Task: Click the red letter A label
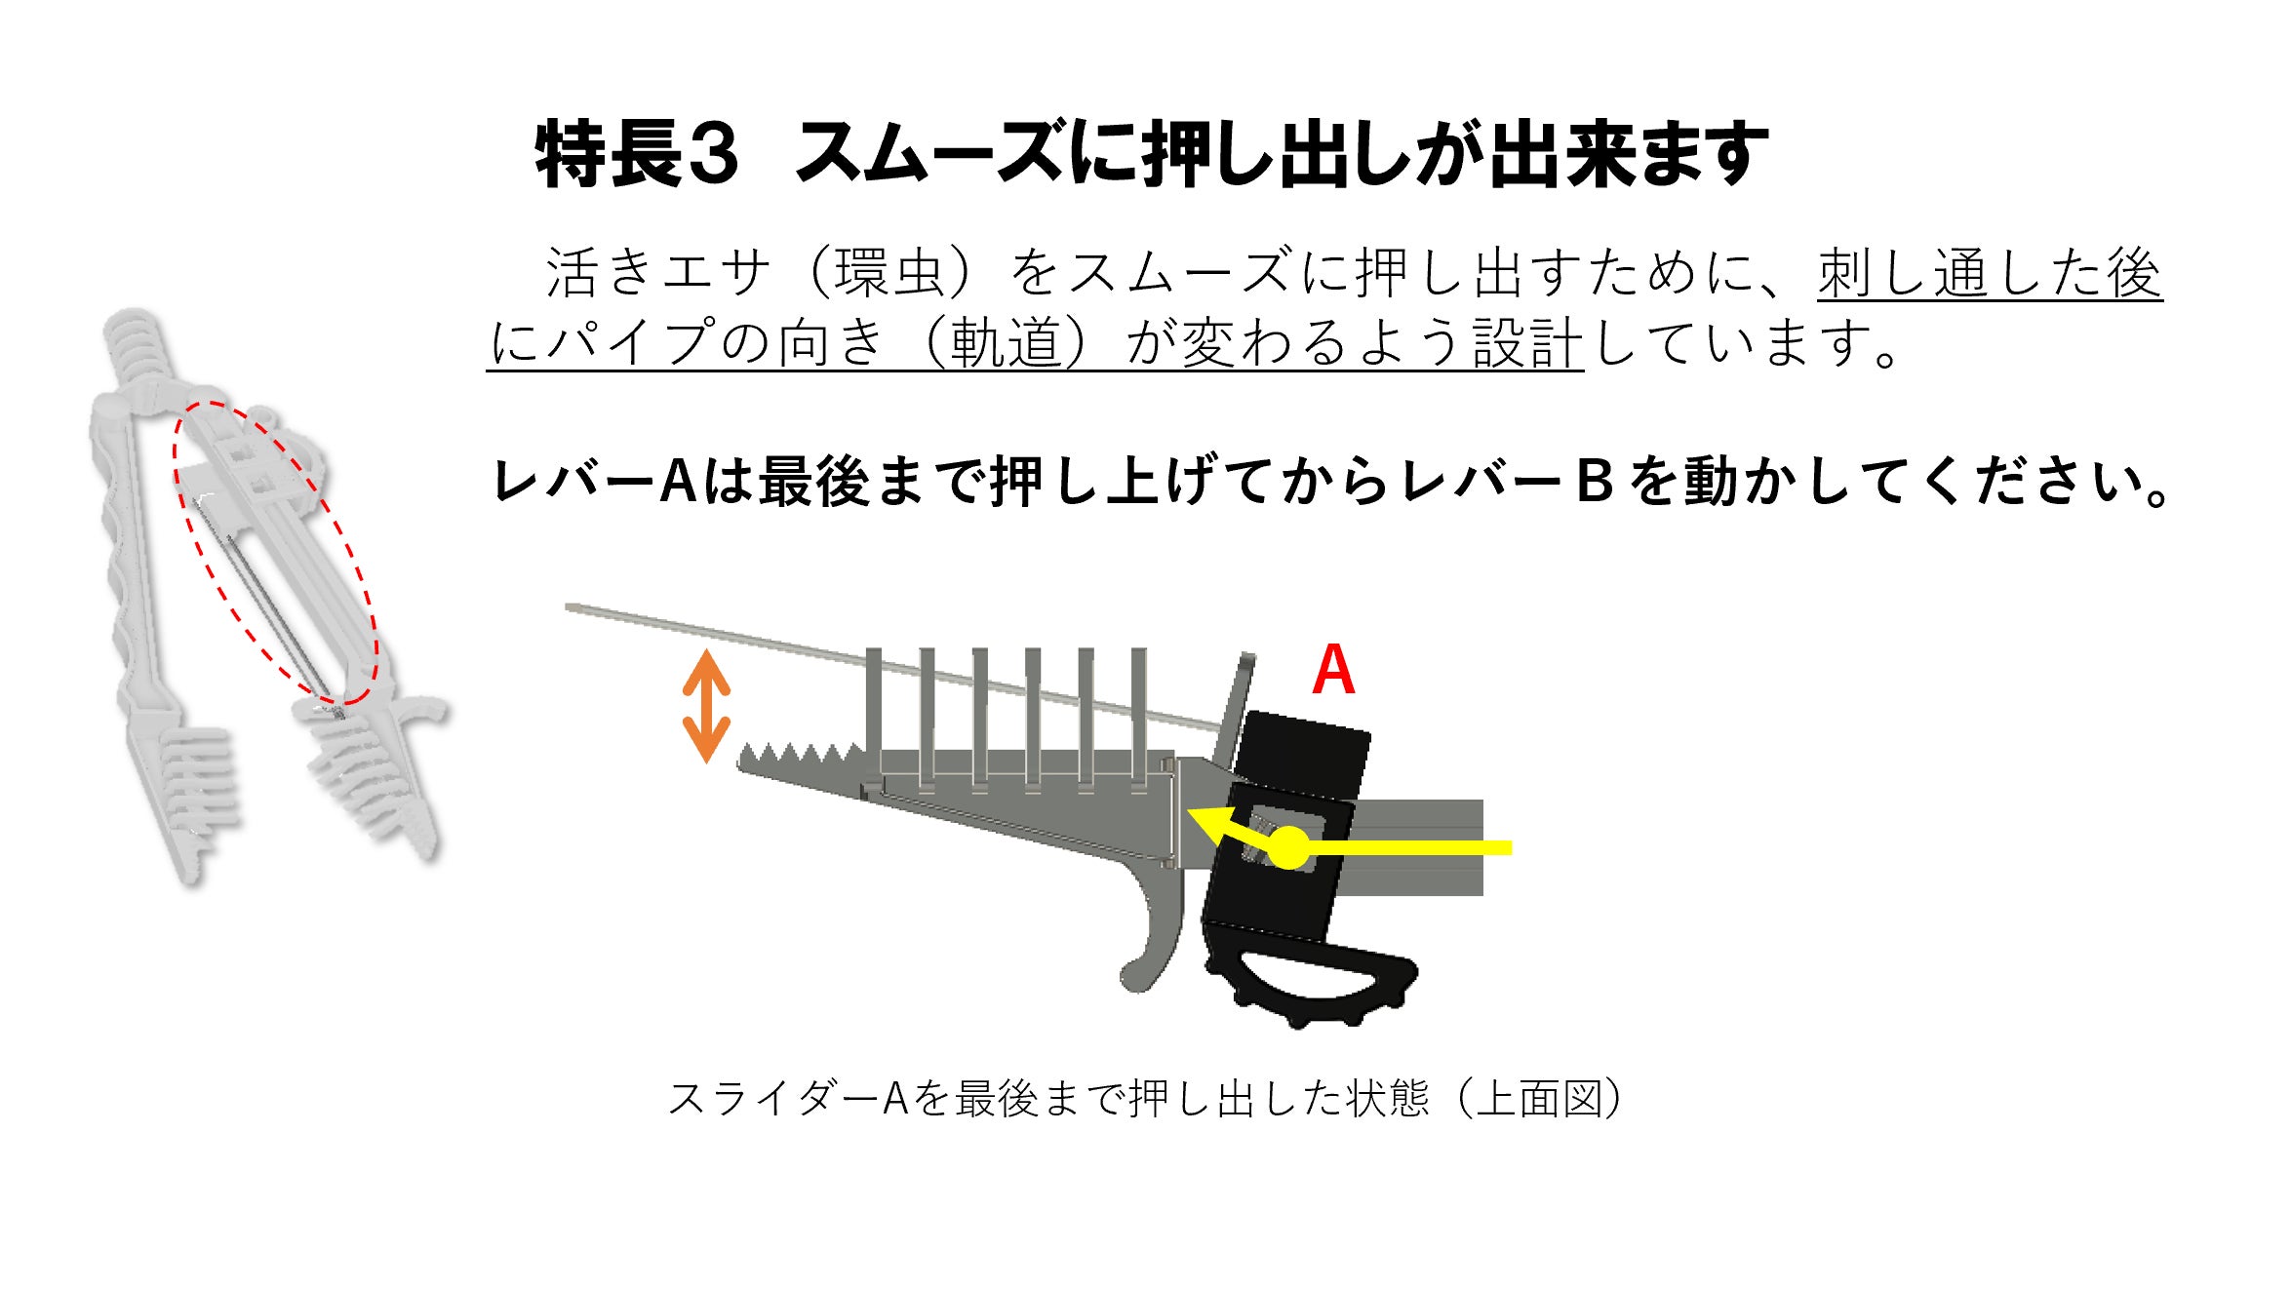[x=1333, y=670]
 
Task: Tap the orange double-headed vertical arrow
[x=706, y=706]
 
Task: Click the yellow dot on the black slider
[x=1289, y=847]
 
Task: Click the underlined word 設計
[x=1527, y=343]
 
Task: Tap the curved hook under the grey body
[x=1151, y=956]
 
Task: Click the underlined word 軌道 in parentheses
[x=1006, y=343]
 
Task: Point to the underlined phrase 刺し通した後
[x=1990, y=273]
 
